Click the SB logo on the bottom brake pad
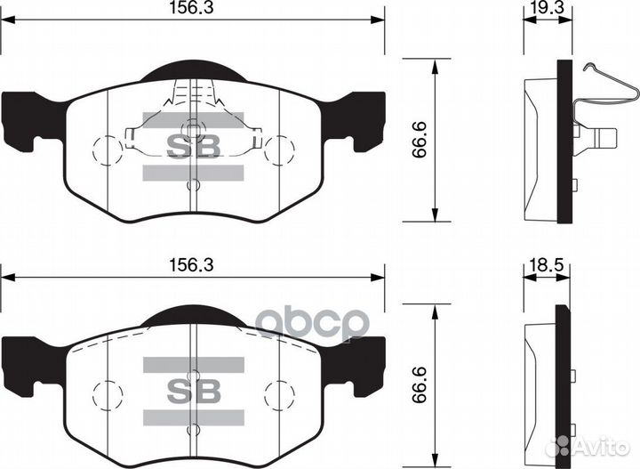click(x=193, y=390)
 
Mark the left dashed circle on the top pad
click(x=107, y=149)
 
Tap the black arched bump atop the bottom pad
click(x=193, y=313)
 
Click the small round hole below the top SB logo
click(x=193, y=186)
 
